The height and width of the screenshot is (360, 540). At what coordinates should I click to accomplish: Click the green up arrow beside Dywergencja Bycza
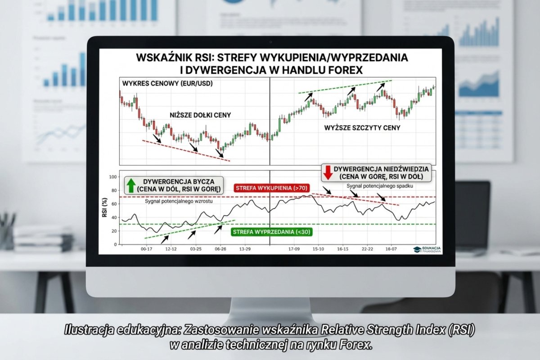(x=130, y=184)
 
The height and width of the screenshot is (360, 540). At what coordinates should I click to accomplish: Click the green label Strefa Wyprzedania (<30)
(x=271, y=232)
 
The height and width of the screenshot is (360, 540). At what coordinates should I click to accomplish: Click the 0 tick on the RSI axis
(x=115, y=244)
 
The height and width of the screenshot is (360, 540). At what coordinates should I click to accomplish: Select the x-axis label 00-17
(x=147, y=249)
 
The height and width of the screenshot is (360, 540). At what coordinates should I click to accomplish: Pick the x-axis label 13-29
(x=245, y=249)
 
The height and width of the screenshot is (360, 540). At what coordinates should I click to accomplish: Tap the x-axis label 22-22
(x=367, y=249)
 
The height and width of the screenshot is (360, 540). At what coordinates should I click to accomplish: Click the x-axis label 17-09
(x=294, y=249)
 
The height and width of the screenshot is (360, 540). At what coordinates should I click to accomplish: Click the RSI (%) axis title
(x=105, y=210)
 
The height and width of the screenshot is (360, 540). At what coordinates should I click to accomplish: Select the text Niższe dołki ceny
(x=200, y=115)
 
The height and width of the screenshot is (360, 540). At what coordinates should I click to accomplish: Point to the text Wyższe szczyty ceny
(x=362, y=128)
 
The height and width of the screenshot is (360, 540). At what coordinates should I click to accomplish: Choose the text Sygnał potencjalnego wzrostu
(x=179, y=201)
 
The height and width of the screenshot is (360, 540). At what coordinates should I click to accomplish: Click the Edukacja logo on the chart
(x=427, y=249)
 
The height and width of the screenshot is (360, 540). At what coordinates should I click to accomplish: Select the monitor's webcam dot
(x=270, y=42)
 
